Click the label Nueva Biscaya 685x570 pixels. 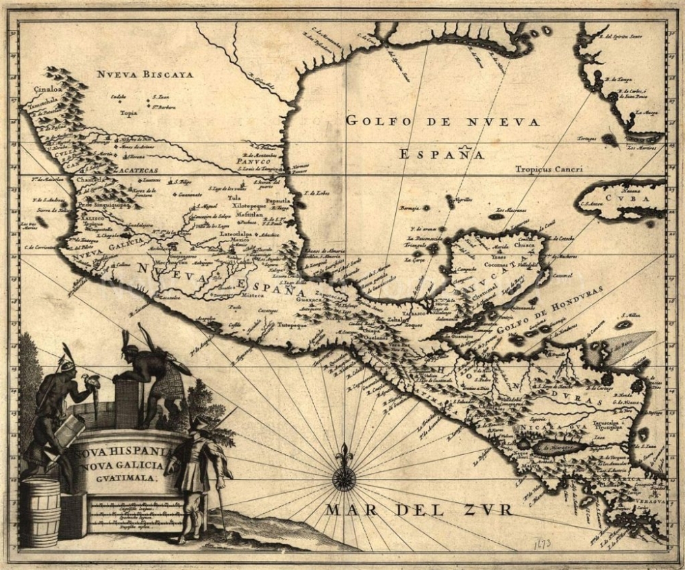[145, 74]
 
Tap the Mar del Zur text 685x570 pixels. [419, 510]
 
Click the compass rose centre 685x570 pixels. [344, 478]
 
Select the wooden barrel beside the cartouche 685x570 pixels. [40, 512]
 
